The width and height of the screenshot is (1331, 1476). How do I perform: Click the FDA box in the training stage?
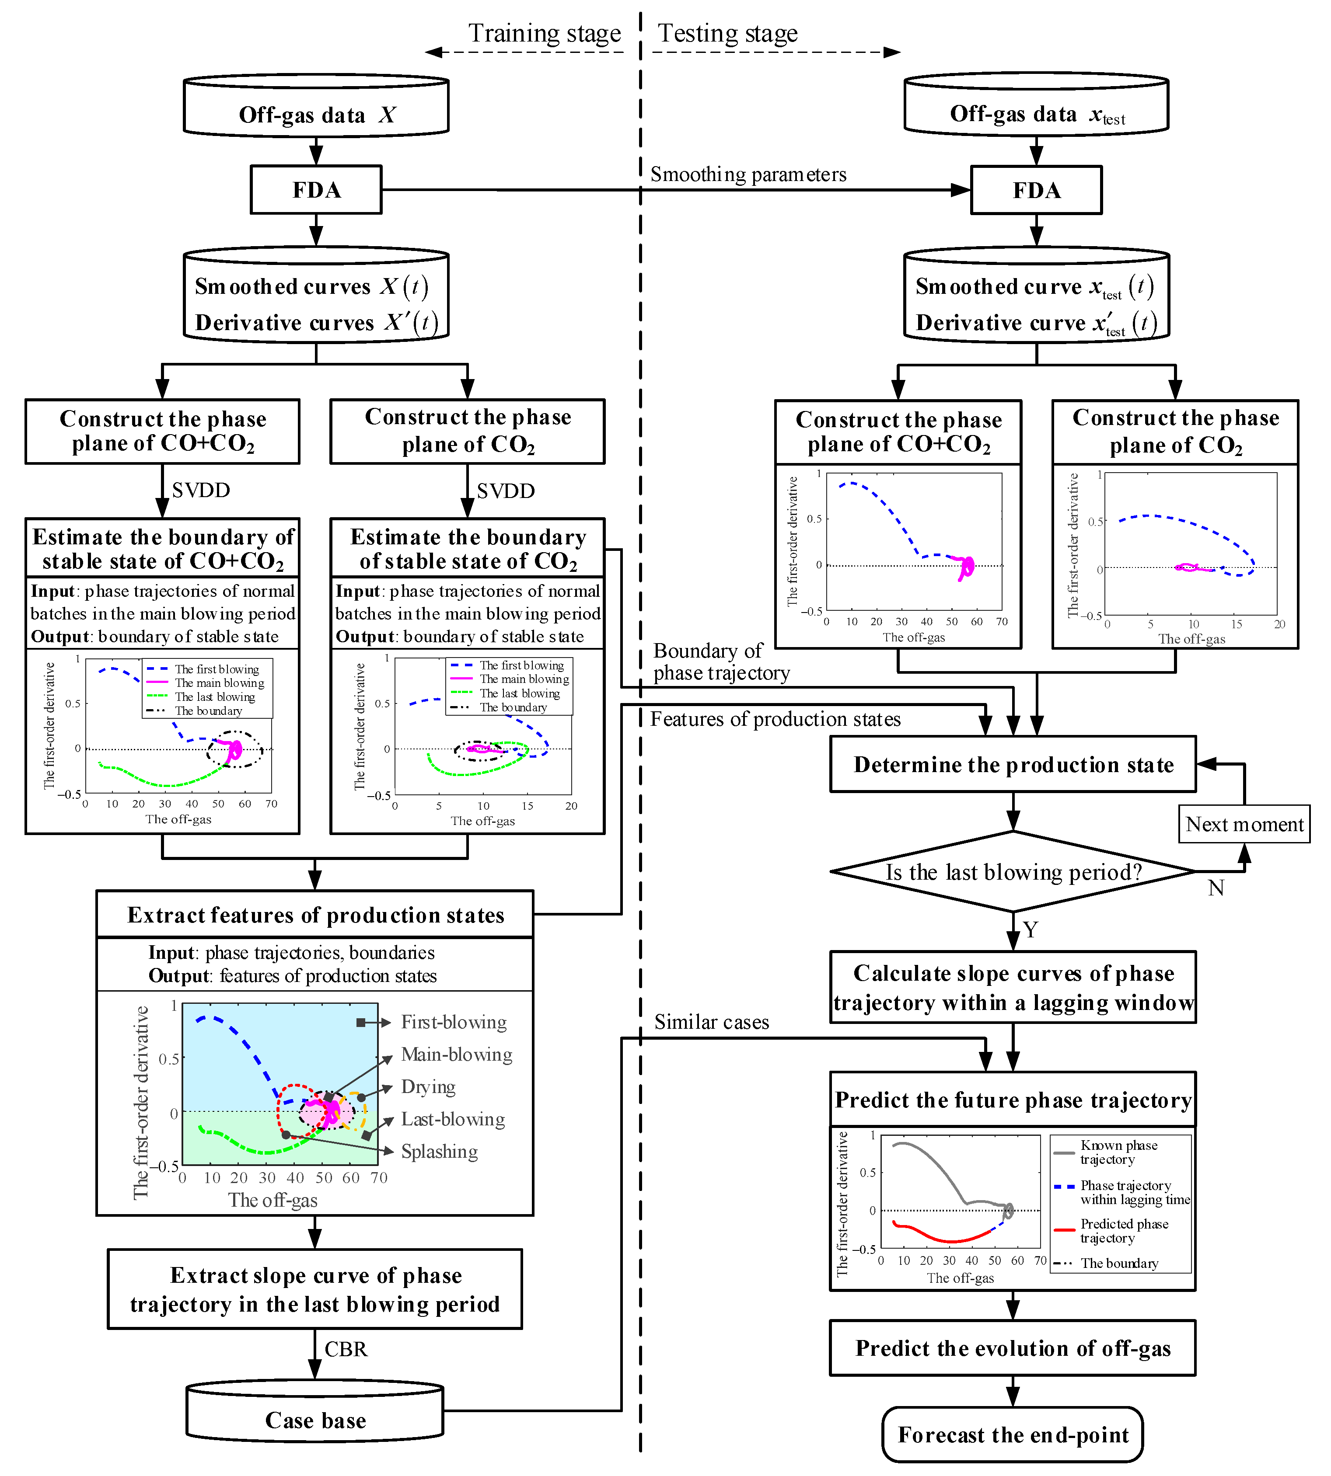(x=316, y=190)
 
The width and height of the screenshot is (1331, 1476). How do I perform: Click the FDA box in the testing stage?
(x=1036, y=191)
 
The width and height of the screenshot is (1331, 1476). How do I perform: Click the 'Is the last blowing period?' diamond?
(x=1013, y=872)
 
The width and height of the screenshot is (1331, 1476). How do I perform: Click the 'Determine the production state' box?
(x=1013, y=765)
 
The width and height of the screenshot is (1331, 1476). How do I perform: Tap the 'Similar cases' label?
(x=712, y=1022)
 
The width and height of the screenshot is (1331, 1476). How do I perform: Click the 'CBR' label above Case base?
(x=346, y=1349)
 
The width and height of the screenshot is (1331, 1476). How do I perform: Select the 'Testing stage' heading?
(x=728, y=34)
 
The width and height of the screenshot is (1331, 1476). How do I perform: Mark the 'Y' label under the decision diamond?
(x=1031, y=930)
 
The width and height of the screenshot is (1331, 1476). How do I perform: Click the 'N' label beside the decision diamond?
(x=1216, y=888)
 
